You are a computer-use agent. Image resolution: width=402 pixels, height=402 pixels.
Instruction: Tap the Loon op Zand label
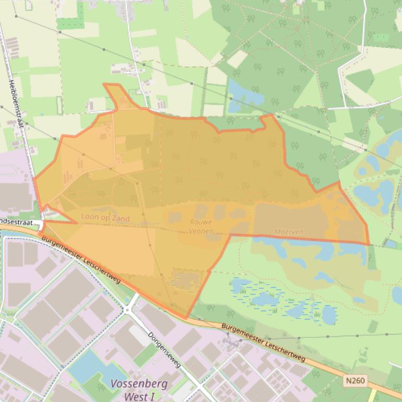click(105, 217)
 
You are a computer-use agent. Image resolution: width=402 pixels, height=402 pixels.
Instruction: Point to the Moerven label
click(289, 231)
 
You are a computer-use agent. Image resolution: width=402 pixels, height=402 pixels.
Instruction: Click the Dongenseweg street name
click(164, 349)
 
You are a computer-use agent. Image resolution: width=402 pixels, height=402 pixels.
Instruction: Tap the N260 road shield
click(354, 382)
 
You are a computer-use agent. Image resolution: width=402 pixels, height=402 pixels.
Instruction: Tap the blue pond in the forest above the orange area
click(243, 94)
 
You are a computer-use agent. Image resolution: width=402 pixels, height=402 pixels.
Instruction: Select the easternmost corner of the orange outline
click(369, 244)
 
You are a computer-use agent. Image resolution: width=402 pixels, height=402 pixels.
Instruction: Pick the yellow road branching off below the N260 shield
click(374, 394)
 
